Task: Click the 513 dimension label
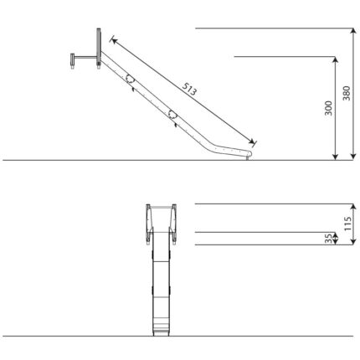point(189,89)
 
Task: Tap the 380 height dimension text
point(347,93)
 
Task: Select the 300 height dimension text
point(328,108)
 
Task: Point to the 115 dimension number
point(347,224)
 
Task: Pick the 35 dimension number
point(329,239)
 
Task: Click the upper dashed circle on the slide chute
point(130,79)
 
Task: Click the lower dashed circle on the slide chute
point(172,114)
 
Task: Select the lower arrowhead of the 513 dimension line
point(251,141)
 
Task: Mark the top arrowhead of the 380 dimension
point(353,31)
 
